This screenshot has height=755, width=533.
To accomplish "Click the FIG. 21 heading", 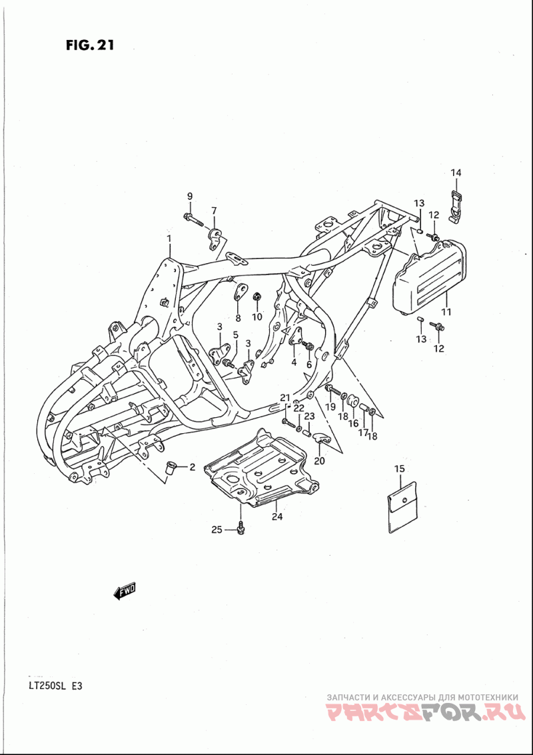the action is coord(90,45).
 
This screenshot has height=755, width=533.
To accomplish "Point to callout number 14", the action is coord(456,173).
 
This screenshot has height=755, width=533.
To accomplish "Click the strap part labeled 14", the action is coord(456,206).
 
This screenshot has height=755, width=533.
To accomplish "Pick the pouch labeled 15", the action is coord(402,507).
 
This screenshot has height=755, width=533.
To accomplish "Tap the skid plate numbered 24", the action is coord(263,469).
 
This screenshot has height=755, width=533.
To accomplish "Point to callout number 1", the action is coord(169,239).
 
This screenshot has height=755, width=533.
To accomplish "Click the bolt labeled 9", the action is coord(194,219).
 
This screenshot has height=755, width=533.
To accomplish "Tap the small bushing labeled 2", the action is coord(171,466).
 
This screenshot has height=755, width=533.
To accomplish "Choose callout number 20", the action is coord(320,460).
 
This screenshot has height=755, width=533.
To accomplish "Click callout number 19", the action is coord(330,406).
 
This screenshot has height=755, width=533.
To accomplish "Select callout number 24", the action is coord(277,516).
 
